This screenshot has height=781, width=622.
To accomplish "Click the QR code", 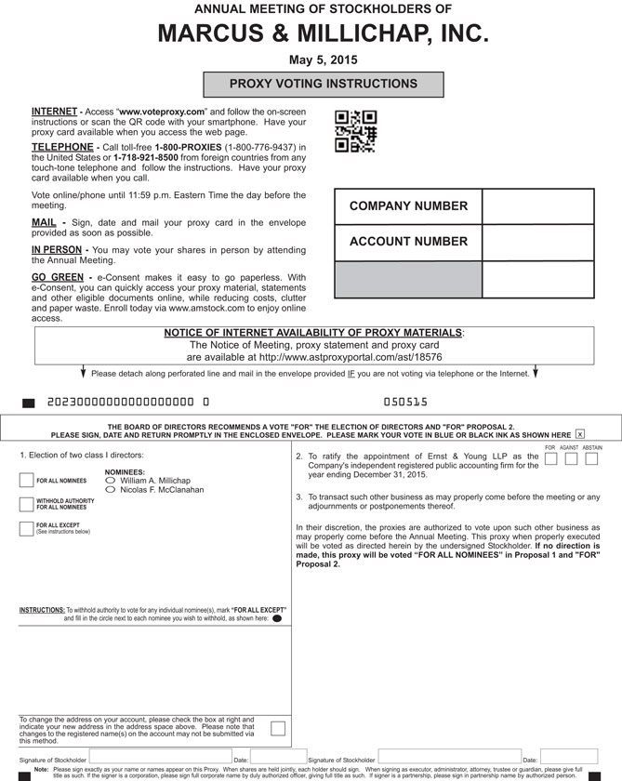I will tap(355, 131).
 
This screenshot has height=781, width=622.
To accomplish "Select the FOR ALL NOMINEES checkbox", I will tap(26, 480).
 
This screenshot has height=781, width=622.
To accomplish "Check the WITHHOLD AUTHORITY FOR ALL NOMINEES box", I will tap(26, 505).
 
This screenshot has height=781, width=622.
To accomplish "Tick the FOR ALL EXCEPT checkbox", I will tap(26, 529).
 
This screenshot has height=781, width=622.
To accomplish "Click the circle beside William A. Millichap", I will tap(112, 481).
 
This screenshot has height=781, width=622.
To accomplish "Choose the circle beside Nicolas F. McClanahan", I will tap(112, 490).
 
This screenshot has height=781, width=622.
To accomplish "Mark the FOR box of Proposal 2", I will tap(550, 459).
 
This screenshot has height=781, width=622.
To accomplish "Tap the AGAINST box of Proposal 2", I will tap(571, 459).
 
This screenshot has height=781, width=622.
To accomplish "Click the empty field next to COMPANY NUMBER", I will tap(537, 206).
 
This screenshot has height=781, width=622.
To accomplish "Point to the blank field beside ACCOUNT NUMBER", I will tap(537, 242).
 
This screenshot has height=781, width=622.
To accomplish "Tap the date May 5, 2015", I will tap(323, 60).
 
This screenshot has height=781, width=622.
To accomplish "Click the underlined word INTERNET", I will tap(54, 111).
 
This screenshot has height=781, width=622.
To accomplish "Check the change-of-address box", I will tap(277, 728).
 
